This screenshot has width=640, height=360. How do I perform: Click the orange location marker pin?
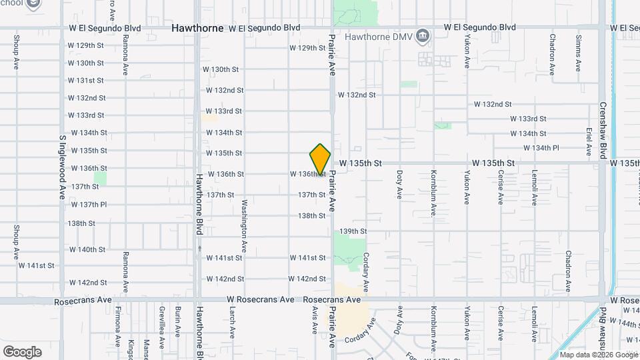point(320,159)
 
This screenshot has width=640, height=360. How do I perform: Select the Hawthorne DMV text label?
point(376,36)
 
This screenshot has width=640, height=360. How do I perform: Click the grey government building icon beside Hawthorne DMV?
point(423,35)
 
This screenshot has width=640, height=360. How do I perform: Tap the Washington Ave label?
point(245,219)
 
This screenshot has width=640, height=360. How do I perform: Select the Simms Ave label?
point(579,53)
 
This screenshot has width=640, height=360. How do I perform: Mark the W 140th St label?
point(86,249)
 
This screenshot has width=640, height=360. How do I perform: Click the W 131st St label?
point(86,80)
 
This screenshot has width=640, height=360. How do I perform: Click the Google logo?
point(22,352)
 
